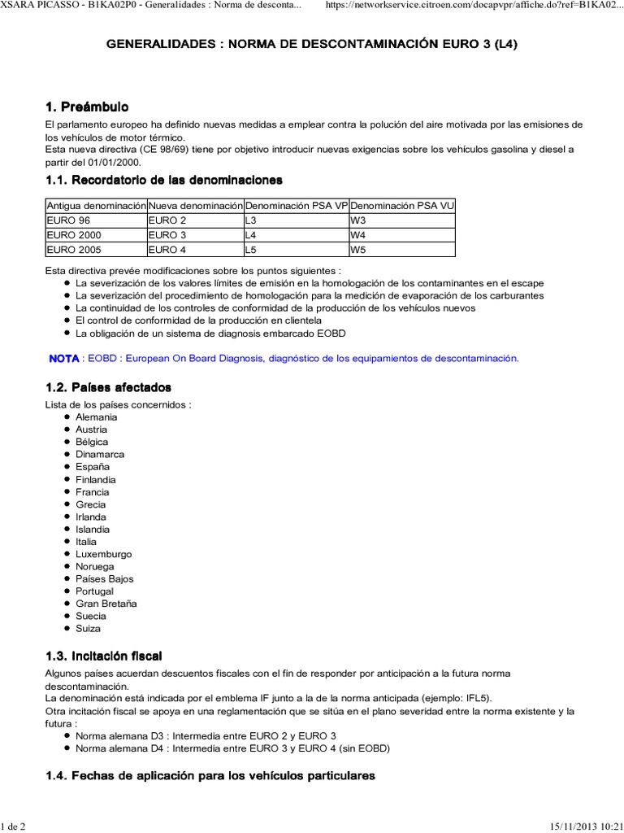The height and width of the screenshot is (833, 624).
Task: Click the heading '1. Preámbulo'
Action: tap(87, 107)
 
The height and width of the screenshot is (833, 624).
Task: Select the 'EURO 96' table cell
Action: tap(68, 220)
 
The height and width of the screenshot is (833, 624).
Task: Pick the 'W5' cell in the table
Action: tap(357, 250)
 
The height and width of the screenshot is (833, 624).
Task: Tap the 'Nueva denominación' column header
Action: tap(195, 206)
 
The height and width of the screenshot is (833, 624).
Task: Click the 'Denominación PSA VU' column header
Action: tap(401, 206)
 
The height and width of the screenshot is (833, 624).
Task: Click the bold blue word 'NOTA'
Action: tap(64, 358)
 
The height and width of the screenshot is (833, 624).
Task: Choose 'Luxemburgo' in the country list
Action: tap(103, 554)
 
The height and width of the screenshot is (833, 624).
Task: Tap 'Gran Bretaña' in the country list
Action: tap(106, 604)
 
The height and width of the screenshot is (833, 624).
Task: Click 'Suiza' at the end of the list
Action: tap(89, 629)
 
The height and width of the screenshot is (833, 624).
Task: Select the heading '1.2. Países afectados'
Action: tap(108, 387)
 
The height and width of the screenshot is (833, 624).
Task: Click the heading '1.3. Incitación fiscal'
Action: tap(110, 656)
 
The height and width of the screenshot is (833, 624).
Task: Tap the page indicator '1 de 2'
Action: tap(13, 826)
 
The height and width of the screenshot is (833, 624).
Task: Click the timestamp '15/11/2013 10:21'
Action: tap(583, 826)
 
